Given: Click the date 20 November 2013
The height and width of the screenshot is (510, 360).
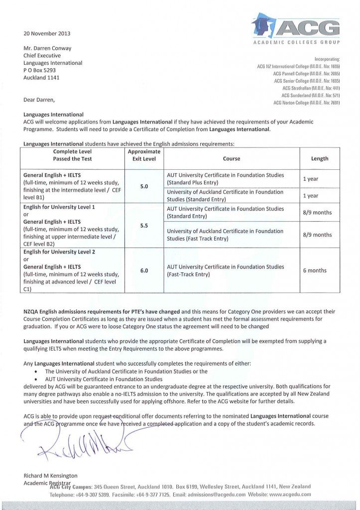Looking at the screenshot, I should [47, 34].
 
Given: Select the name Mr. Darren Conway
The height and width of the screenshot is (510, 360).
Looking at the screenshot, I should [46, 48].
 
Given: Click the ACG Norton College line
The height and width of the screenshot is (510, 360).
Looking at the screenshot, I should [307, 103].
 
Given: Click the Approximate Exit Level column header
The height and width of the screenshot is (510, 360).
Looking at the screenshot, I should [144, 155].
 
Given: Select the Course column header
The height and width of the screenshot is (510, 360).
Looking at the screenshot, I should [231, 159].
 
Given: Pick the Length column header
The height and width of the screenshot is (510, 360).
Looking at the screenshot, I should [319, 159].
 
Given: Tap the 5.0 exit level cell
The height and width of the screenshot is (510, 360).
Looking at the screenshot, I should [144, 186].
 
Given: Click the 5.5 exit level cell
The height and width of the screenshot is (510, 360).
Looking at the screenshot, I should [144, 225].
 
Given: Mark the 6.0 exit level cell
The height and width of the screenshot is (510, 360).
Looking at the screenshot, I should [144, 270].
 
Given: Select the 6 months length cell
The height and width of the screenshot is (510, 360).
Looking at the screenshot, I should [315, 270].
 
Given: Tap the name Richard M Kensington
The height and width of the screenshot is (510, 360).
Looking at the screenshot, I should [51, 476].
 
